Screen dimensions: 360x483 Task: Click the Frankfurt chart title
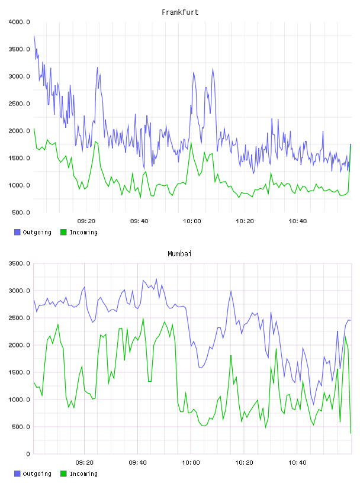(180, 12)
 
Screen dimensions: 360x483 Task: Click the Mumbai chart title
(179, 254)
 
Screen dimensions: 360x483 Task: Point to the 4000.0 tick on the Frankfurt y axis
(20, 22)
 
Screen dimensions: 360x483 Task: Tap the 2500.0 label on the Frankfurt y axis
(20, 104)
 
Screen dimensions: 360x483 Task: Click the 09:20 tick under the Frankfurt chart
(86, 221)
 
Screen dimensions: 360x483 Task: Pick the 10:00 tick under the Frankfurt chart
(192, 221)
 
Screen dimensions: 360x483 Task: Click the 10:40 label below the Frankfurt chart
(298, 221)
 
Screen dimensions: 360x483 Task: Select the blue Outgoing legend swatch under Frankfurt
(17, 232)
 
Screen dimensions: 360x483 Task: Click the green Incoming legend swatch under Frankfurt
(63, 232)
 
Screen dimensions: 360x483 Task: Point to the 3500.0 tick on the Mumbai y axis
(20, 263)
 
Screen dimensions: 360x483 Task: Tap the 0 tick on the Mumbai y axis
(28, 454)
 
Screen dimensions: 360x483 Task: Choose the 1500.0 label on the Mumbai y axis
(20, 372)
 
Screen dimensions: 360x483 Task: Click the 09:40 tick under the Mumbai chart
(138, 463)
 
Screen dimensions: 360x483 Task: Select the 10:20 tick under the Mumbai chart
(244, 463)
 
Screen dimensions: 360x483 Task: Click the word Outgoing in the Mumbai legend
(37, 474)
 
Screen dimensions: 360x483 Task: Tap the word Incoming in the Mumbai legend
(83, 474)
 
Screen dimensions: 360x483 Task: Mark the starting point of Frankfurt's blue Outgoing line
(34, 36)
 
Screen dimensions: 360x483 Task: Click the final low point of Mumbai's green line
(351, 433)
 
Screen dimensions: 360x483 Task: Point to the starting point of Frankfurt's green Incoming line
(34, 128)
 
